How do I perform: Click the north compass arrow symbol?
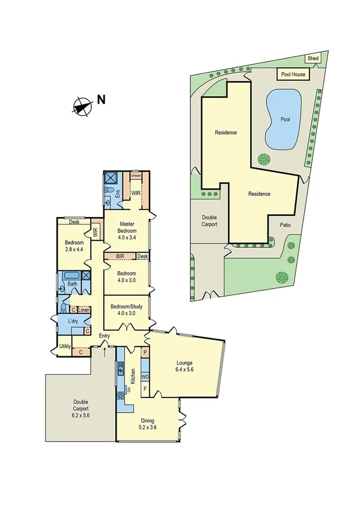click(82, 106)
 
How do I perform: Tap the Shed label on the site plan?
click(313, 58)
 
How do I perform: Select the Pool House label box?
click(292, 75)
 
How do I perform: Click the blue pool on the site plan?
click(284, 120)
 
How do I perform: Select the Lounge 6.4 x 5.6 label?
click(186, 366)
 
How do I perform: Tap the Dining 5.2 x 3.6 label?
click(148, 424)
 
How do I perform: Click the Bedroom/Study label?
click(126, 309)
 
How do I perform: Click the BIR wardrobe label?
click(120, 257)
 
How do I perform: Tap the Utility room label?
click(65, 346)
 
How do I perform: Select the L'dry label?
click(73, 322)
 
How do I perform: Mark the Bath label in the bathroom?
click(72, 284)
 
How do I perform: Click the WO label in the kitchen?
click(145, 376)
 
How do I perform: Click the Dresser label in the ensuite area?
click(136, 176)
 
